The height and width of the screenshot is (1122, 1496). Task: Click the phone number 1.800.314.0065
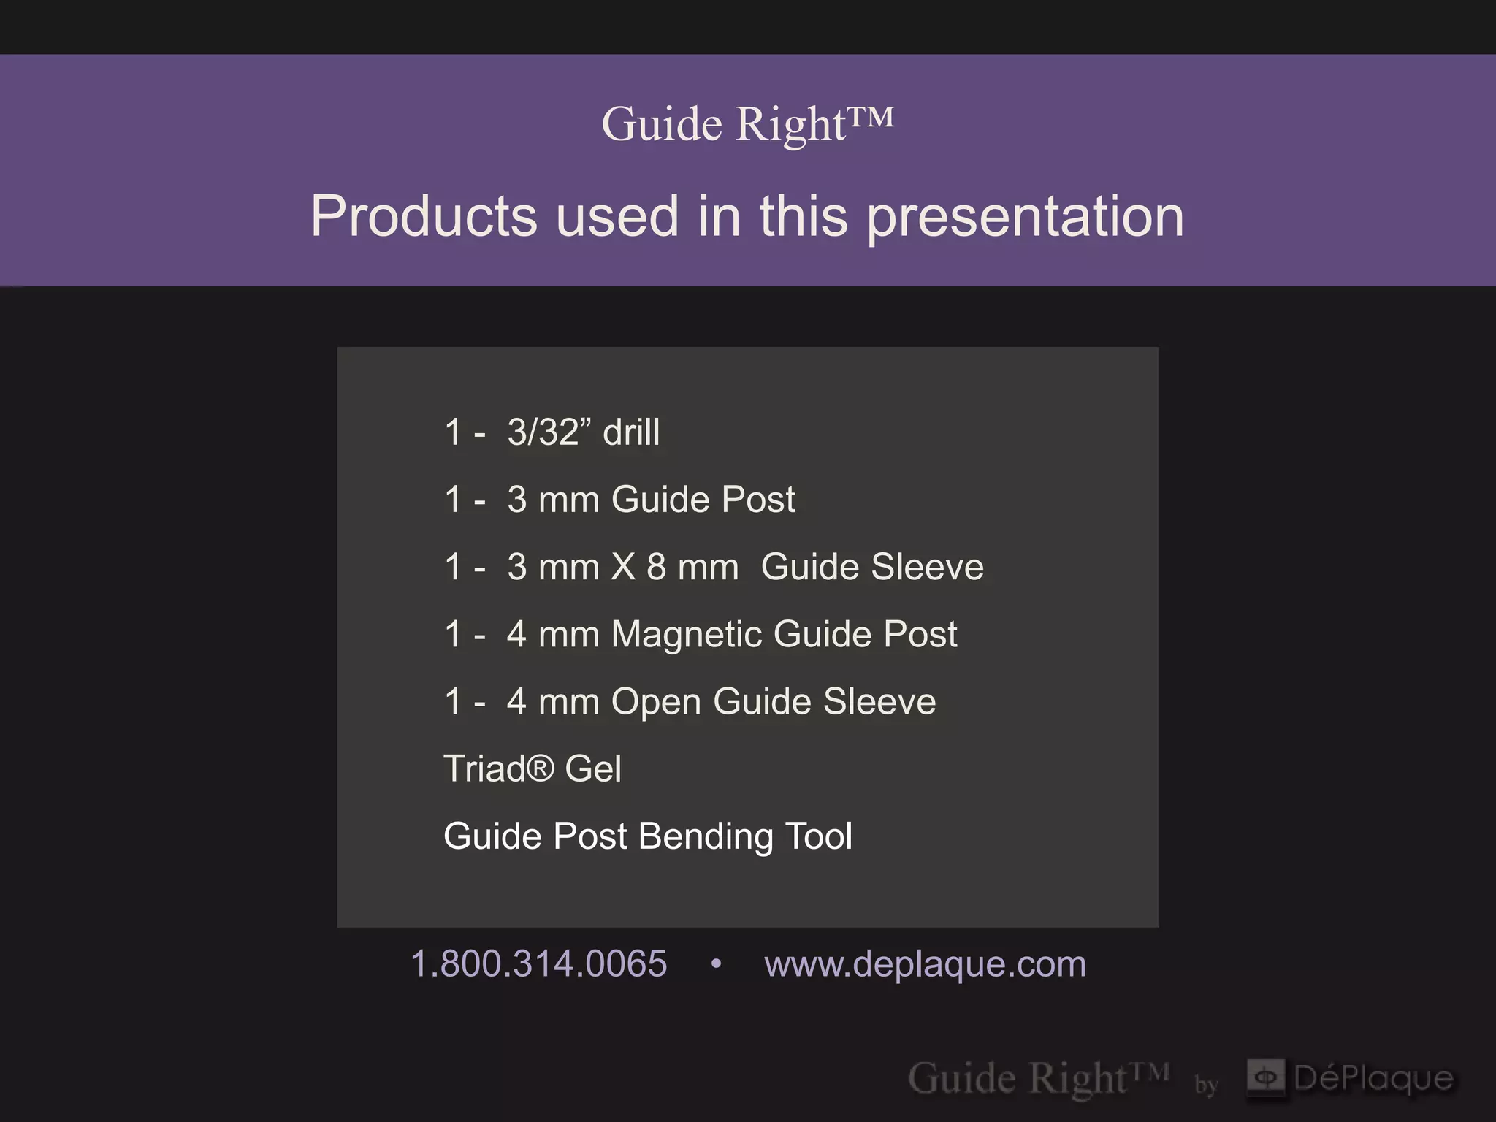[538, 963]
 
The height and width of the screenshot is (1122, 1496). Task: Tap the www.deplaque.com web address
[925, 963]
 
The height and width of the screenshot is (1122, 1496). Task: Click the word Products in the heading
[424, 216]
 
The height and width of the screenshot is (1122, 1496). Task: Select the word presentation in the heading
[1025, 218]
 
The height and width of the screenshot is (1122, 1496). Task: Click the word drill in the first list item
[631, 432]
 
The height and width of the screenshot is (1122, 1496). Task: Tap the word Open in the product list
[655, 702]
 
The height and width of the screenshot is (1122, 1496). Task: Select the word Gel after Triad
[593, 768]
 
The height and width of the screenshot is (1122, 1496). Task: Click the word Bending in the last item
[705, 836]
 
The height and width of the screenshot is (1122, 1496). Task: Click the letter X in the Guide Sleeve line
[623, 567]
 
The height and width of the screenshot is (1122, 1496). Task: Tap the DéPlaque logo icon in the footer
[1265, 1077]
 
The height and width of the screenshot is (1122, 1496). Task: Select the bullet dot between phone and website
[716, 964]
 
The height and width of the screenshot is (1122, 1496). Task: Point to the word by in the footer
[1206, 1084]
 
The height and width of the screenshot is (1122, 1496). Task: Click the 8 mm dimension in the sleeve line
[692, 567]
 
